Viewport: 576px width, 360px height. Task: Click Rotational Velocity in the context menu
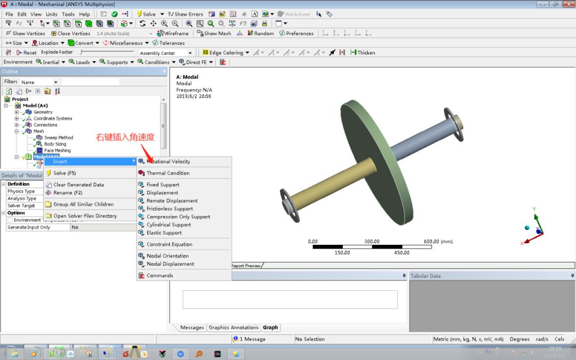(x=168, y=162)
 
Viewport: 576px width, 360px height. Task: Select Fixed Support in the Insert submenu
(x=163, y=185)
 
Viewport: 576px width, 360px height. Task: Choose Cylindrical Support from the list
(x=169, y=225)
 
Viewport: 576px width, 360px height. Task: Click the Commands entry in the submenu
(x=159, y=276)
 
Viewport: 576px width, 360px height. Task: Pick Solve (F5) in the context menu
(x=65, y=173)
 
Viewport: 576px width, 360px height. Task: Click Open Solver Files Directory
(x=85, y=216)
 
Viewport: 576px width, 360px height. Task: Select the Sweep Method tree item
(x=58, y=138)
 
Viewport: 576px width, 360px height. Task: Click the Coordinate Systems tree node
(x=52, y=118)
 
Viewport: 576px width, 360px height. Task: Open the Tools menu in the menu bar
(x=68, y=14)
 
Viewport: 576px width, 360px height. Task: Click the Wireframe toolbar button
(x=173, y=34)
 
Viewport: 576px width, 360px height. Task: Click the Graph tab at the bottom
(x=270, y=327)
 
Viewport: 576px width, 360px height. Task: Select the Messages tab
(x=192, y=327)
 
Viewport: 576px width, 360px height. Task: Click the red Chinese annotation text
(x=125, y=138)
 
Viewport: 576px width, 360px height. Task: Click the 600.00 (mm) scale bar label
(x=437, y=242)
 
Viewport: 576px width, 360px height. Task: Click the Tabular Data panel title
(x=426, y=276)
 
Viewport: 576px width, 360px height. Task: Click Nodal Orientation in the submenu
(x=167, y=256)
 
